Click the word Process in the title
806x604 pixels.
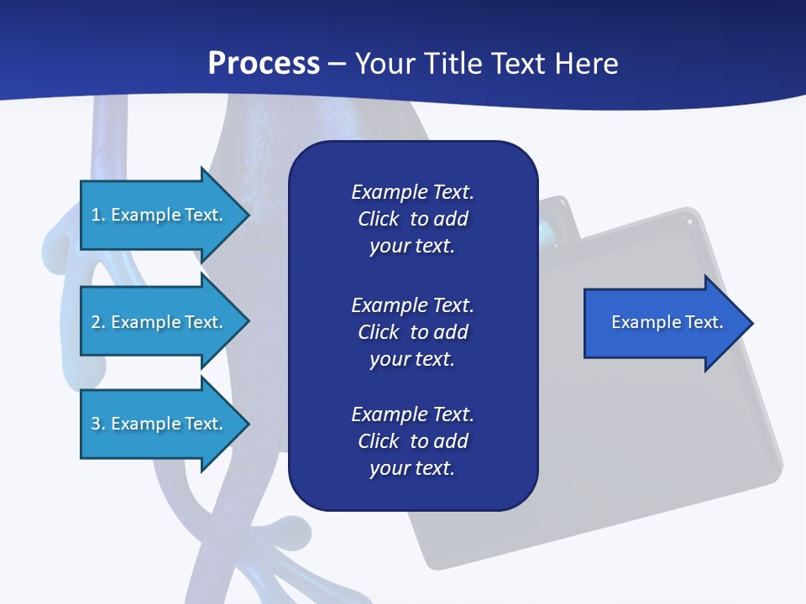[x=264, y=64]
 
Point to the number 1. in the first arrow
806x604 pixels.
[x=98, y=215]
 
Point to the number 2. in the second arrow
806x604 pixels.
[x=98, y=322]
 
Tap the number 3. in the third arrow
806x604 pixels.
[x=98, y=424]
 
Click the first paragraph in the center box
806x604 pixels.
[x=412, y=219]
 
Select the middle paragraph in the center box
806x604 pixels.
[x=412, y=332]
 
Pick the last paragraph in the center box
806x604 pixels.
[x=412, y=441]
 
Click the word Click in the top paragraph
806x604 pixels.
[x=378, y=219]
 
